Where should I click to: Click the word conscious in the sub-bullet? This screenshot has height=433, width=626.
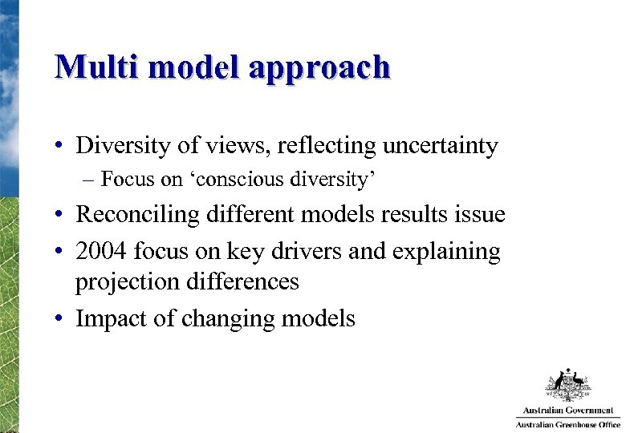click(x=227, y=179)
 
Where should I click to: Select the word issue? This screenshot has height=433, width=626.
click(x=479, y=214)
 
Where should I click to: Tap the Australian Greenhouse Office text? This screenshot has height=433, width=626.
click(x=567, y=423)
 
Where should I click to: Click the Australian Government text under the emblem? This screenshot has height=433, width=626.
click(x=567, y=410)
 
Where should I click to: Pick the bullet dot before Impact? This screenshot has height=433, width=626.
click(x=60, y=319)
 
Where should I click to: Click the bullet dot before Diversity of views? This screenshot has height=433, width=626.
click(x=60, y=147)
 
